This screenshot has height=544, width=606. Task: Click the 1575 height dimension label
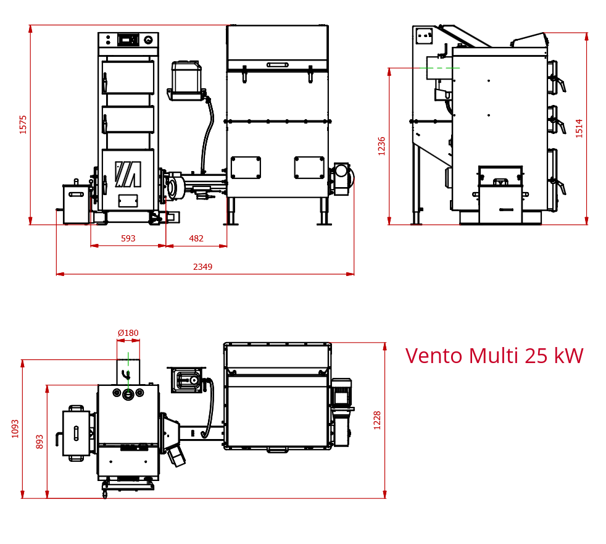point(23,125)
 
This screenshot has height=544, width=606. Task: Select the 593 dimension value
point(128,238)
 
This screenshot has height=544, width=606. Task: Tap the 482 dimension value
point(196,238)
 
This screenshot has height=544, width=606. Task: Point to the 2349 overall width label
point(202,267)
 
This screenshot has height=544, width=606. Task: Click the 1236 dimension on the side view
point(382,146)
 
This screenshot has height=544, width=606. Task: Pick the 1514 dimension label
point(579,128)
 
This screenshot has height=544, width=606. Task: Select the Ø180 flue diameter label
point(128,333)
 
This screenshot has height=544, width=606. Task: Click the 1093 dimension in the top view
point(15,429)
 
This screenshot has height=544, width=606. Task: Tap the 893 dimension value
point(39,442)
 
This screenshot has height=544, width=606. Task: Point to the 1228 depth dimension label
point(377,421)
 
